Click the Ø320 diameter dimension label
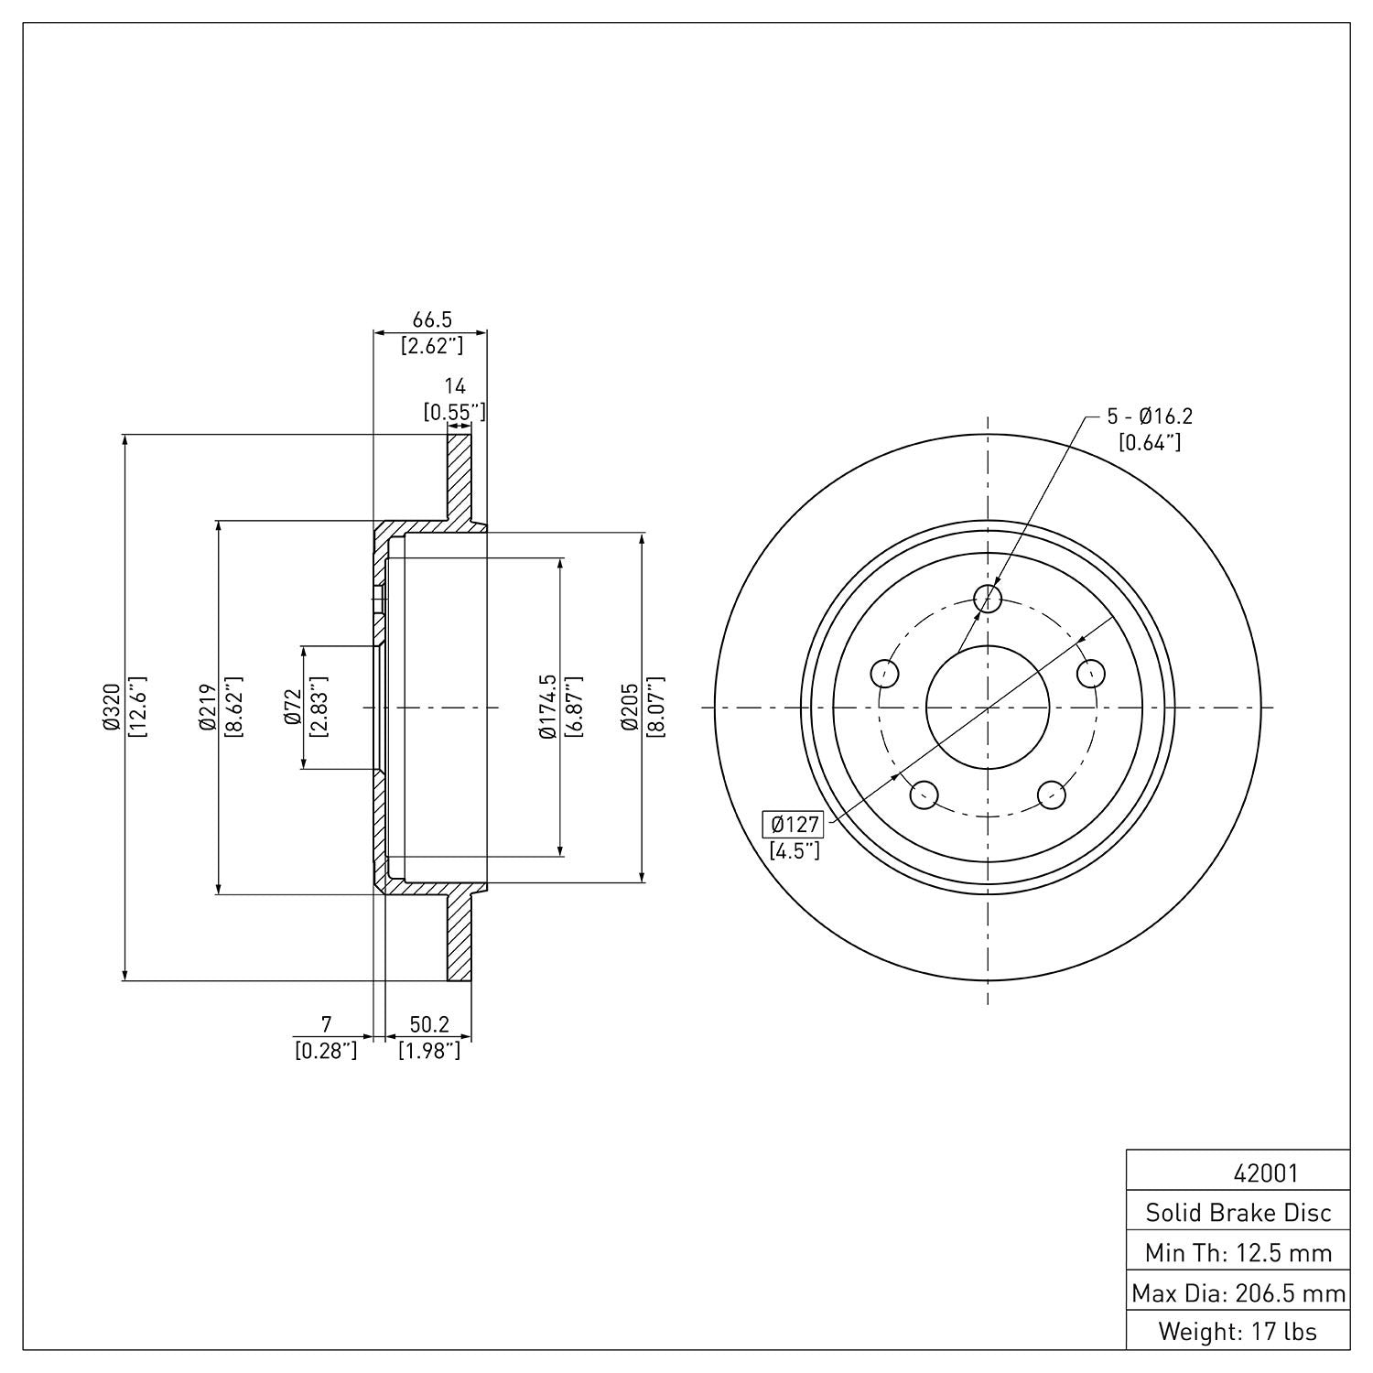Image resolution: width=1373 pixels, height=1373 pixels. click(112, 707)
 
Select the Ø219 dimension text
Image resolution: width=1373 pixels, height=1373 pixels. click(207, 707)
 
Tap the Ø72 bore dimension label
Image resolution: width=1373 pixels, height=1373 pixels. click(294, 707)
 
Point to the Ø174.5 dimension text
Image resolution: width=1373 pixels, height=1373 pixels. click(547, 707)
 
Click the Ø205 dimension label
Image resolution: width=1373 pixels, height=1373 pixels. click(630, 707)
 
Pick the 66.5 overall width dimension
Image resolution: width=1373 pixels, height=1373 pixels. click(432, 319)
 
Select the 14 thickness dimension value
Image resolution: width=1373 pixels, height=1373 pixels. click(455, 386)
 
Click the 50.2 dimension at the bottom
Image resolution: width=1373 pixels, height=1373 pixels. click(428, 1024)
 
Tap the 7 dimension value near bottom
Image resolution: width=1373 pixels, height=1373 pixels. click(326, 1024)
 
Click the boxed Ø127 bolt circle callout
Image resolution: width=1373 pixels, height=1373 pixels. click(795, 824)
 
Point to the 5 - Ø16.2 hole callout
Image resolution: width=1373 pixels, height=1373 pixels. click(1150, 416)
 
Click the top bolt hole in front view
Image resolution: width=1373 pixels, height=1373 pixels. click(988, 599)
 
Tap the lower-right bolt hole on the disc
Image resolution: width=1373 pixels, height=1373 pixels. click(1052, 795)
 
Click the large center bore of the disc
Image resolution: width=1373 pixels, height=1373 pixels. click(988, 707)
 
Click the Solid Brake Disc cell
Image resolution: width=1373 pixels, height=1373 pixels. click(1238, 1213)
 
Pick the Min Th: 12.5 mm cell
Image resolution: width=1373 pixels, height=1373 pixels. click(1238, 1252)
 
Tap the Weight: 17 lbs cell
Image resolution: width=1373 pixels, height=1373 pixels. click(1238, 1331)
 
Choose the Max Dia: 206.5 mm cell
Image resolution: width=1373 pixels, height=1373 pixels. click(1238, 1292)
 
